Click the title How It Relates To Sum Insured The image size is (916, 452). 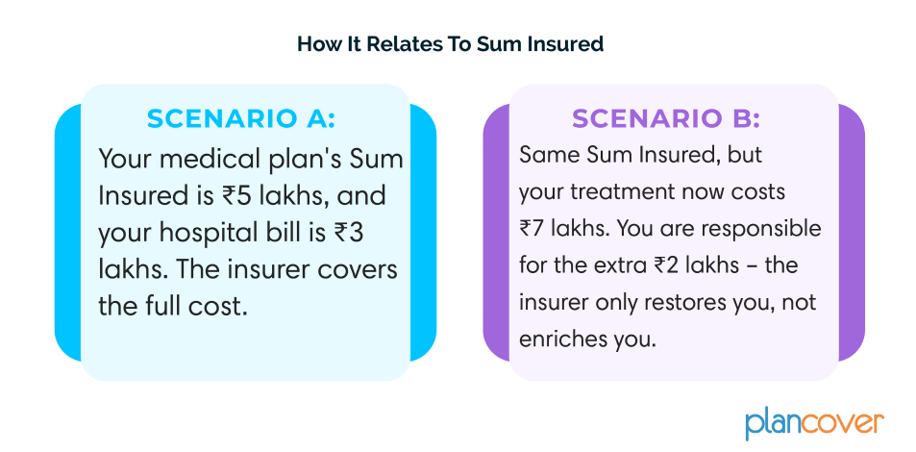click(451, 44)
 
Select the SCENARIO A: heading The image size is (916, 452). click(241, 118)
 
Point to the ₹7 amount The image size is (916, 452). click(531, 229)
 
